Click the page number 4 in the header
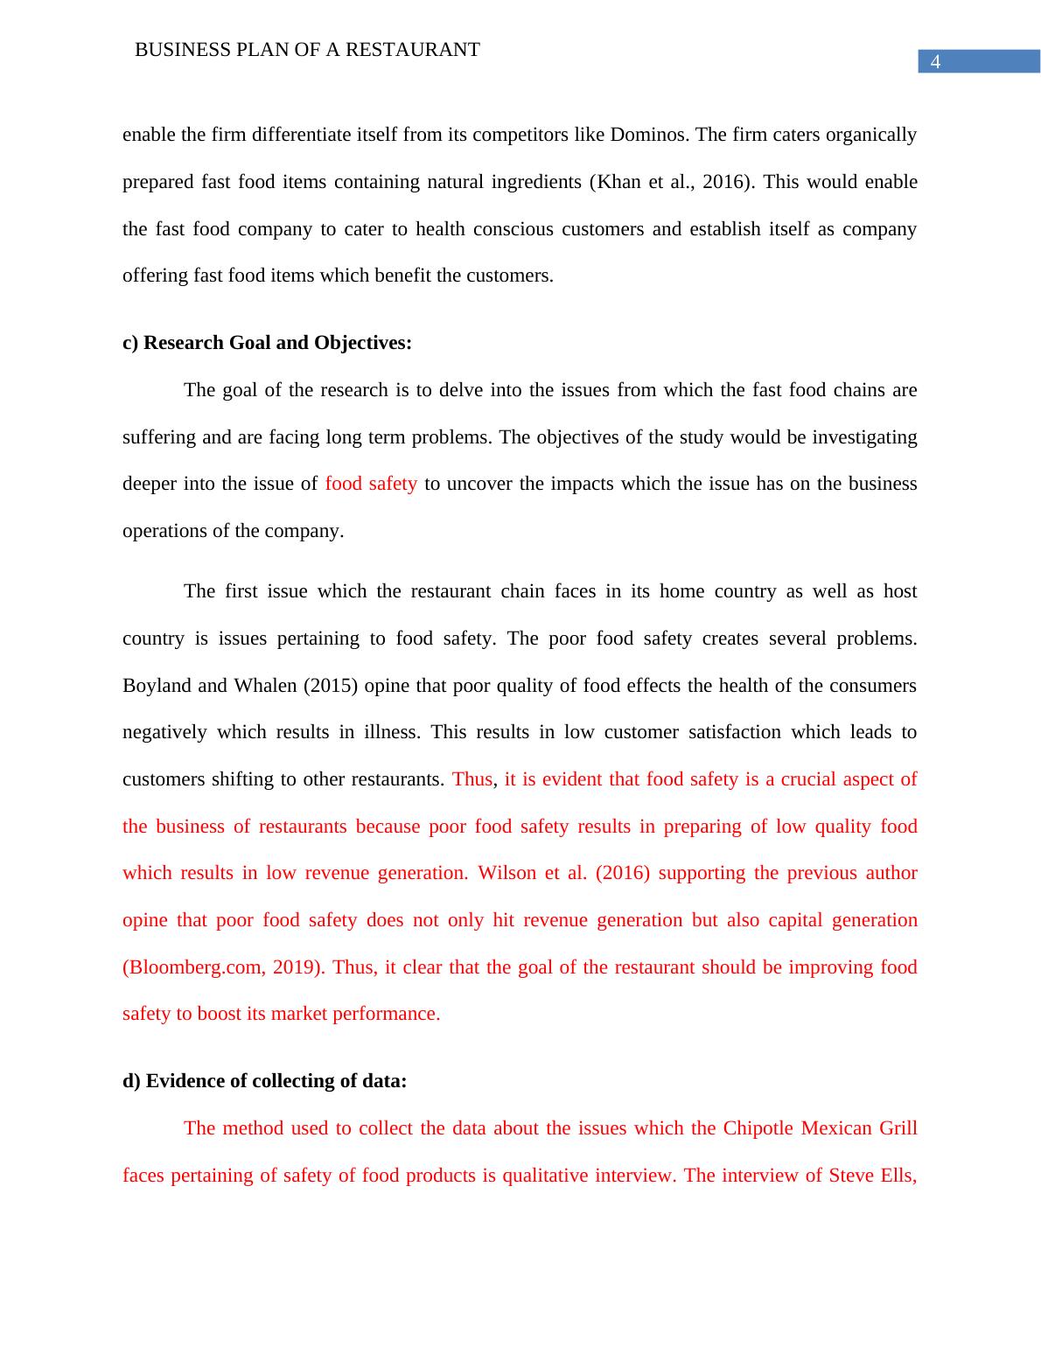(x=935, y=62)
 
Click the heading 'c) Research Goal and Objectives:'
(x=267, y=343)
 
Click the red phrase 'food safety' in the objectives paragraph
(x=371, y=484)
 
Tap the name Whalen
(x=266, y=686)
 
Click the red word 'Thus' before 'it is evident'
(x=472, y=779)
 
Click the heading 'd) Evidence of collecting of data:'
(x=264, y=1081)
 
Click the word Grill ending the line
(x=898, y=1128)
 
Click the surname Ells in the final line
(x=899, y=1176)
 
